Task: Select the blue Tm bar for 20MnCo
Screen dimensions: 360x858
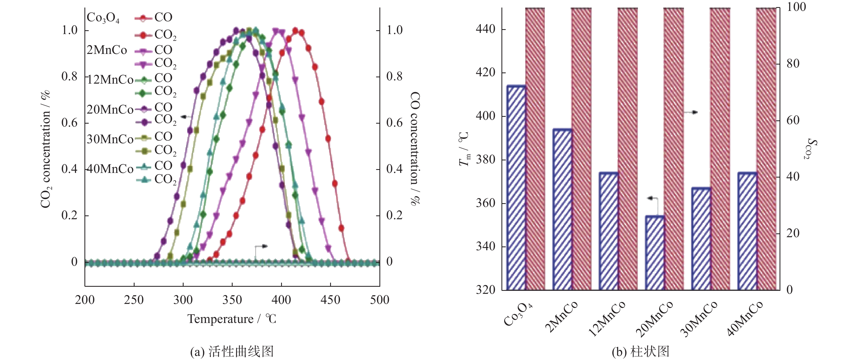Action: (655, 253)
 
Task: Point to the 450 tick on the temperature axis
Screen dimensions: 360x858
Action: (330, 300)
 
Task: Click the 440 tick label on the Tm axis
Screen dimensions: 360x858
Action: (486, 29)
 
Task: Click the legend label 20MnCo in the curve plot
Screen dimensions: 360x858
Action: (110, 109)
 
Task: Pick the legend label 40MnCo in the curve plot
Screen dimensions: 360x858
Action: (110, 169)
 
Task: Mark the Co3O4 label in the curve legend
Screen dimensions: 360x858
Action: (103, 18)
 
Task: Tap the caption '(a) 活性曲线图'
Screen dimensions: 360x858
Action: (232, 352)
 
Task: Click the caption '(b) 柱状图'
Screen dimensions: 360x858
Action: (640, 352)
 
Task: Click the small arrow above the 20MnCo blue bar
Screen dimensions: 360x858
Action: (652, 199)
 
